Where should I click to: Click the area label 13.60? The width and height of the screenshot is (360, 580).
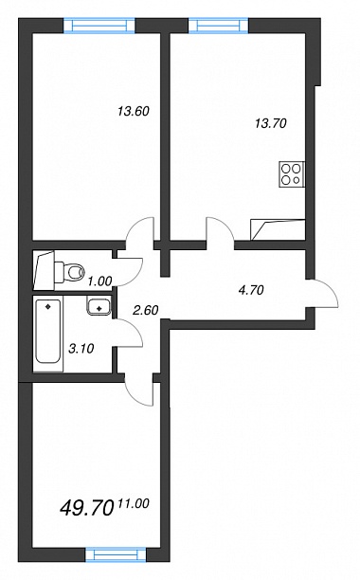(133, 111)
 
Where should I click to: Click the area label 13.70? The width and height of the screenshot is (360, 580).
(271, 123)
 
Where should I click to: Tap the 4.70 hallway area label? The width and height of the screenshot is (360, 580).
(251, 290)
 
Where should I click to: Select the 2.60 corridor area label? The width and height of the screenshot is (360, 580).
(146, 310)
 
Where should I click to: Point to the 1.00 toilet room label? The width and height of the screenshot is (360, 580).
(99, 281)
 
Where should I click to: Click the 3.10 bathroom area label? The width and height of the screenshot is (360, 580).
(81, 348)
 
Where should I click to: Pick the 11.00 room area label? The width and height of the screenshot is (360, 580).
(134, 503)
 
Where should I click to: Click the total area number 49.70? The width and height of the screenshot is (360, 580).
(86, 508)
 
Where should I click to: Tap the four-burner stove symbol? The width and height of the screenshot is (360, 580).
(293, 174)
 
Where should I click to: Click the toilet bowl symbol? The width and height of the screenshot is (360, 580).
(70, 272)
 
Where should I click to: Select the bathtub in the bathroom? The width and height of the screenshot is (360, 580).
(48, 332)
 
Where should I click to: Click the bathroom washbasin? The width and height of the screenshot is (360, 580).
(99, 306)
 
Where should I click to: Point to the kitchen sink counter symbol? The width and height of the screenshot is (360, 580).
(278, 229)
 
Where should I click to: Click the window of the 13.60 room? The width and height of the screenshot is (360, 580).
(99, 26)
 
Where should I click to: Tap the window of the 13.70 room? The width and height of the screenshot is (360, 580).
(219, 26)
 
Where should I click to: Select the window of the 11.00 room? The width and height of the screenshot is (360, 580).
(116, 554)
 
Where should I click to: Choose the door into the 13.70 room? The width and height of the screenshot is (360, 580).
(220, 229)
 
